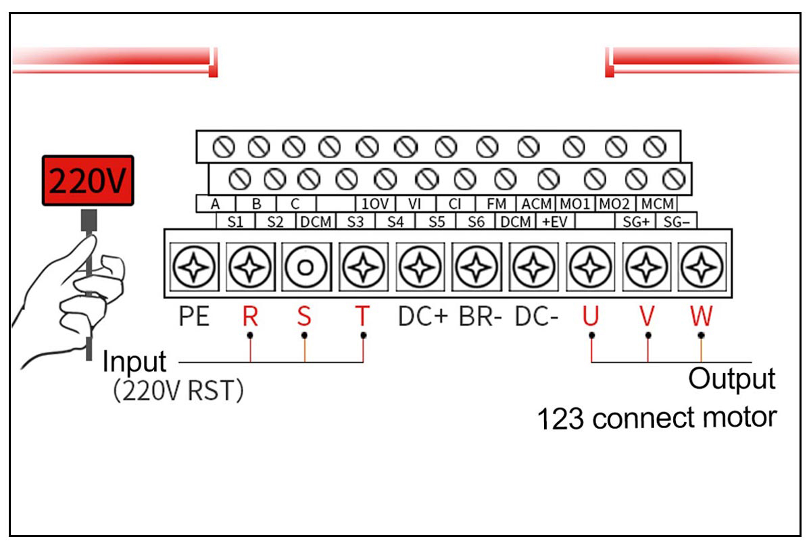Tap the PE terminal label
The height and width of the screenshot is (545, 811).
tap(194, 317)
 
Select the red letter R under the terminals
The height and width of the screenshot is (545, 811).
tap(250, 317)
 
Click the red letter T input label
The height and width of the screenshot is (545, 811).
tap(363, 317)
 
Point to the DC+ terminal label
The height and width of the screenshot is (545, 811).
tap(423, 317)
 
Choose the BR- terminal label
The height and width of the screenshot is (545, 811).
tap(481, 317)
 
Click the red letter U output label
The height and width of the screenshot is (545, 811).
tap(591, 317)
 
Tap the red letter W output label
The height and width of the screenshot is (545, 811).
tap(701, 317)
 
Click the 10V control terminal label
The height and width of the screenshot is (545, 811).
tap(374, 204)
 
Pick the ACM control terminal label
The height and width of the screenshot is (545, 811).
tap(536, 204)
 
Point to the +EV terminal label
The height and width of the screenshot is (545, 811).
tap(554, 222)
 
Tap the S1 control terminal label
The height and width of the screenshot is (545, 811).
tap(235, 222)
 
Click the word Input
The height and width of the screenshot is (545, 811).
tap(134, 363)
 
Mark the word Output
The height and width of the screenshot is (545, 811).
tap(731, 379)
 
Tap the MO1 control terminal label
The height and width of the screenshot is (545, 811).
tap(574, 204)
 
